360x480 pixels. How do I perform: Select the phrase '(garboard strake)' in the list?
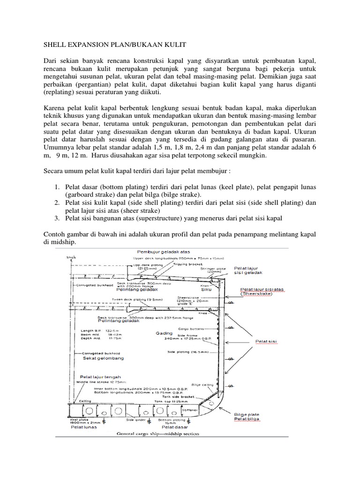tap(91, 193)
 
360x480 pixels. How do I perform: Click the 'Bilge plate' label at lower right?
tap(246, 414)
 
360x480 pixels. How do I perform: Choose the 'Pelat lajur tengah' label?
tap(100, 376)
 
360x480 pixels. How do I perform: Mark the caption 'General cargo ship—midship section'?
tap(157, 434)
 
